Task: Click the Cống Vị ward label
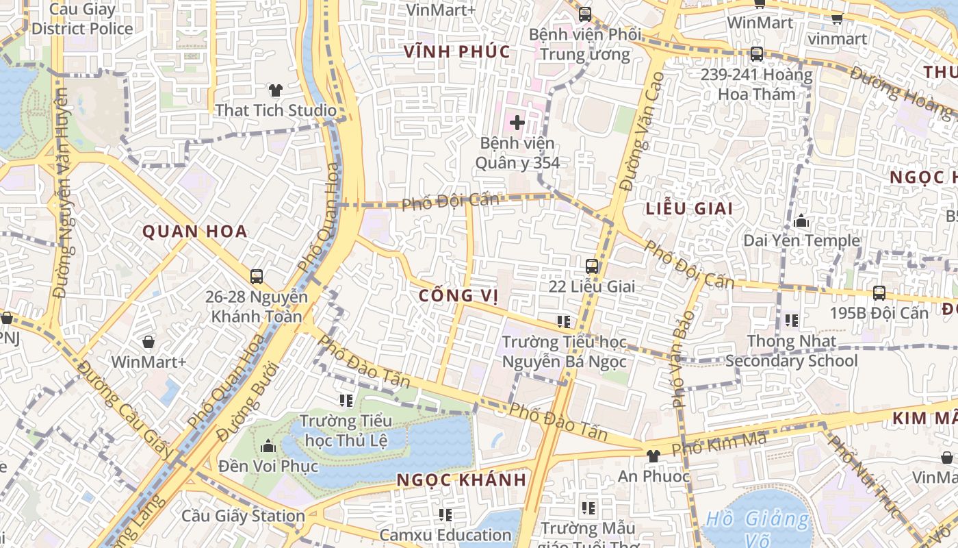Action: (458, 296)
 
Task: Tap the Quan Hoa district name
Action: (195, 232)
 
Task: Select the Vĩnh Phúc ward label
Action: (457, 52)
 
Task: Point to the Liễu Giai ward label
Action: (689, 209)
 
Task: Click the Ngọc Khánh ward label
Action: (462, 480)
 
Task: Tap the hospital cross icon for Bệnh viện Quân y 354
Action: (517, 123)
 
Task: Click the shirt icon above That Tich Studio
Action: (275, 90)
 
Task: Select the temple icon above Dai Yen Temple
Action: (801, 221)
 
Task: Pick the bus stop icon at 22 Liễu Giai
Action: (592, 266)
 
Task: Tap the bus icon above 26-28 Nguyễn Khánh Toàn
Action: (257, 277)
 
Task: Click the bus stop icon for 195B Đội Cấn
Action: (879, 293)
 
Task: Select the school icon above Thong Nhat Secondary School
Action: (792, 321)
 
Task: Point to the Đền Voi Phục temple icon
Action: (268, 447)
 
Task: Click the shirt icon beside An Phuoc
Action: (653, 456)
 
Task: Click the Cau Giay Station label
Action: (243, 516)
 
